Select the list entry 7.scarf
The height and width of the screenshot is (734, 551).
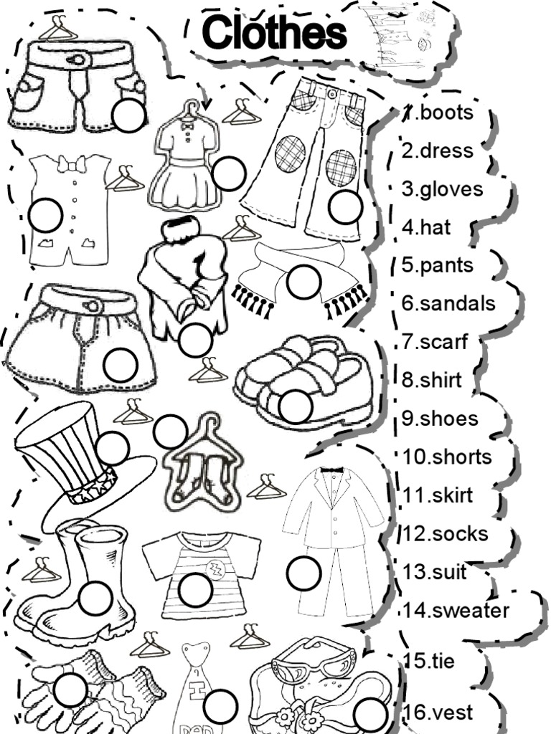(435, 341)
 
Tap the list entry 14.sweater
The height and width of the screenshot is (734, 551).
(456, 611)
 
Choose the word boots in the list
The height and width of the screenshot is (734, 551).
(447, 113)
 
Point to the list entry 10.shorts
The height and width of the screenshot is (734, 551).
(446, 457)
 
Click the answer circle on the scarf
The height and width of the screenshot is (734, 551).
(303, 282)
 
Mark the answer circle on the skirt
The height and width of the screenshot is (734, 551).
(120, 365)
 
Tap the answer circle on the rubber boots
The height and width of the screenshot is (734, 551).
(95, 598)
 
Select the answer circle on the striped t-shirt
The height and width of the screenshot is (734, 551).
(195, 590)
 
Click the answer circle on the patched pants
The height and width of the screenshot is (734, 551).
(345, 207)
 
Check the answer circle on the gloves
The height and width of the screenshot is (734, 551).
(70, 690)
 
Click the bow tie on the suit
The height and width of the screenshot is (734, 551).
(331, 471)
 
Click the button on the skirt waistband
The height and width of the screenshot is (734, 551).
(92, 305)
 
